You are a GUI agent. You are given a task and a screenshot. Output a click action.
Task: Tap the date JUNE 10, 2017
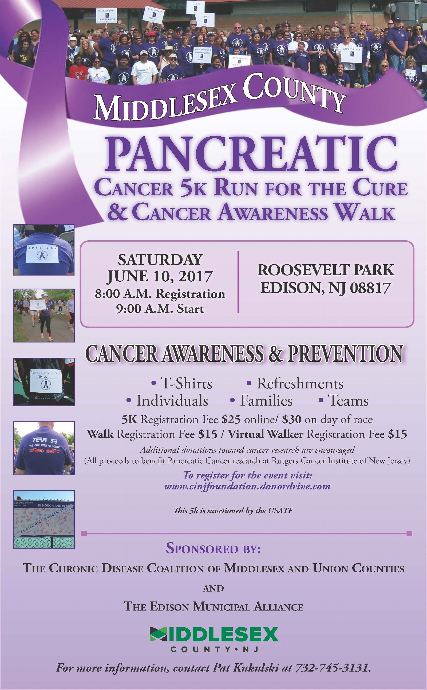[x=160, y=277]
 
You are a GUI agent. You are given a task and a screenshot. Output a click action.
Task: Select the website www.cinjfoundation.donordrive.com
[x=247, y=486]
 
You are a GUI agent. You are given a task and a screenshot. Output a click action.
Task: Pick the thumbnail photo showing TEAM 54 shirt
[x=44, y=448]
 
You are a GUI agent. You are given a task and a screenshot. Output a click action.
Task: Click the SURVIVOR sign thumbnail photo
[x=44, y=249]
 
